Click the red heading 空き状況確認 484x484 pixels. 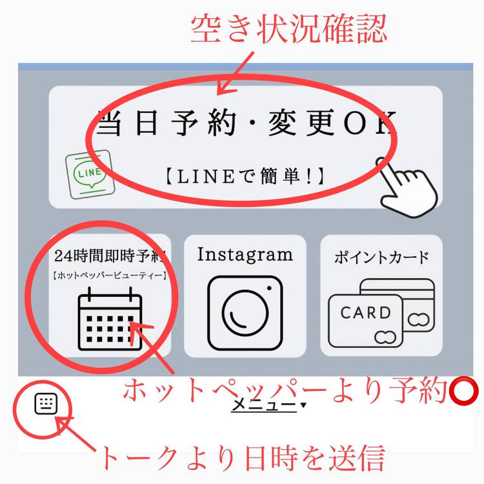pos(288,30)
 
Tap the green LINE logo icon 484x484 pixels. pos(90,174)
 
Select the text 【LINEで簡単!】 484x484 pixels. pos(245,176)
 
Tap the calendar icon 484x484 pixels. pos(110,319)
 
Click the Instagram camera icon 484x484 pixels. pos(245,313)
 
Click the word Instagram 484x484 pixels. pos(245,256)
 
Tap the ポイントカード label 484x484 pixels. pos(381,257)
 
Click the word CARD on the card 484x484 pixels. pos(365,313)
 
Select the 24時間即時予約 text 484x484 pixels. pos(110,256)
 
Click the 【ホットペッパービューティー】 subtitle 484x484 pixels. pos(110,275)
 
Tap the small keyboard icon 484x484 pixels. pos(46,404)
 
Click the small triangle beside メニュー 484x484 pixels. pos(303,405)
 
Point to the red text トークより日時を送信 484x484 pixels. pos(242,458)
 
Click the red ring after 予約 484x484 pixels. pos(464,391)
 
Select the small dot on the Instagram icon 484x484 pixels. pos(269,288)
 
